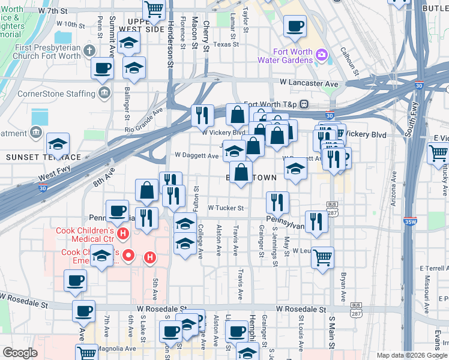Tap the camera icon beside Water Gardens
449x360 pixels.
pos(322,55)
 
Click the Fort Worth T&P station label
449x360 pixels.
pos(270,104)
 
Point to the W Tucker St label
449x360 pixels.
pos(226,208)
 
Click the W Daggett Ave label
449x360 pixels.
pos(196,155)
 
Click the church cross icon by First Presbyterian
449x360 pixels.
pos(89,50)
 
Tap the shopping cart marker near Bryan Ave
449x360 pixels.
pos(323,257)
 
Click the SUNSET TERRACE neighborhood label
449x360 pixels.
pos(43,157)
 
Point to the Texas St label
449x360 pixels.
pos(226,44)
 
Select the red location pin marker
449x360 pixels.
pos(127,256)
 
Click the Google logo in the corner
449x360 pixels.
pos(20,353)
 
